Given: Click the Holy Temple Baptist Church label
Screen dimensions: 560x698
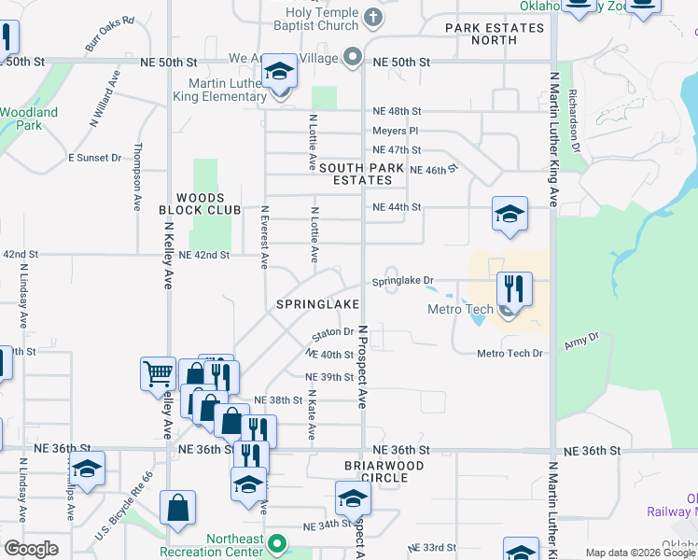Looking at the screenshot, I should (x=323, y=20).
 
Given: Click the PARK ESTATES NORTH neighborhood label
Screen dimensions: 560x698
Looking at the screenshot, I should (x=495, y=35).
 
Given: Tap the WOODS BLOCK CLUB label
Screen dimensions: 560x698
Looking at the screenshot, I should (x=193, y=204).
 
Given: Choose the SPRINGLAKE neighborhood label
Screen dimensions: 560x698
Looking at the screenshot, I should (x=318, y=305).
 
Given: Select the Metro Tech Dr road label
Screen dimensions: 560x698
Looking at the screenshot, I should (x=510, y=354).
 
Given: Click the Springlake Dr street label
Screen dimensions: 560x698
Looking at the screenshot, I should (x=404, y=281).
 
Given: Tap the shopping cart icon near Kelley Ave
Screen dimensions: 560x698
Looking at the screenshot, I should (x=158, y=373).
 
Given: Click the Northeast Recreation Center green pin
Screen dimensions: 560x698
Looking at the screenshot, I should (x=276, y=542).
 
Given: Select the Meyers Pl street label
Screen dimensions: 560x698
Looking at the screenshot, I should (x=395, y=132).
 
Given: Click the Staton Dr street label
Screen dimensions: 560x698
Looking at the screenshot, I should (x=333, y=332).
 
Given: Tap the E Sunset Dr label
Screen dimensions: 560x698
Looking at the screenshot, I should (x=95, y=158).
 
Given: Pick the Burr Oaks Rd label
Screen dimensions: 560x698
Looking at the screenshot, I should (x=110, y=33).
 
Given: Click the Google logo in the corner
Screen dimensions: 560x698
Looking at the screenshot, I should (x=31, y=549).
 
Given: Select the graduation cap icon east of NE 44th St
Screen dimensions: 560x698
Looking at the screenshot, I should (x=510, y=214).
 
